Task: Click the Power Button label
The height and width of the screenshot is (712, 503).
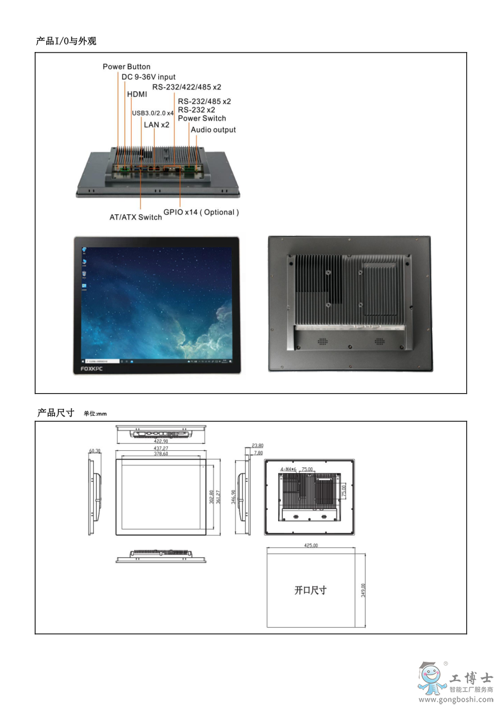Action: pos(127,67)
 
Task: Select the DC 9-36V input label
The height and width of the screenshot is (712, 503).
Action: pos(148,77)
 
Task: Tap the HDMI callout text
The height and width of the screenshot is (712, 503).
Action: pos(137,94)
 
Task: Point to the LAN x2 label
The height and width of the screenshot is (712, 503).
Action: pos(156,124)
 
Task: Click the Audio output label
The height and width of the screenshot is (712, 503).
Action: pos(213,130)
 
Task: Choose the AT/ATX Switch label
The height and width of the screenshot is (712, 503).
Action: pos(136,217)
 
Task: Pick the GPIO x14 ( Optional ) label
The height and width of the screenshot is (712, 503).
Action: pos(201,212)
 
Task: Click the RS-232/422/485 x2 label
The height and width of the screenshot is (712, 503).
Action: pos(186,87)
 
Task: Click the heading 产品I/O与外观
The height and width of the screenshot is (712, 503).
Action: pos(66,41)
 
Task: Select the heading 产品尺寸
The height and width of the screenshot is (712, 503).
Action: pos(56,413)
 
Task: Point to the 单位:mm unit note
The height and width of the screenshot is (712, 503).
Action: pos(95,414)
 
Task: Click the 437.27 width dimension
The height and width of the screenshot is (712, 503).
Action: pos(161,448)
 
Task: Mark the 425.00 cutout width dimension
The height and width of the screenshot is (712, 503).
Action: pos(310,545)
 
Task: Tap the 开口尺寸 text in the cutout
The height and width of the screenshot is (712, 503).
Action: pos(310,590)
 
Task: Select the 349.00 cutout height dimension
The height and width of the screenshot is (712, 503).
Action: pos(363,590)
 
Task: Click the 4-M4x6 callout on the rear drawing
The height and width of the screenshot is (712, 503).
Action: pos(288,469)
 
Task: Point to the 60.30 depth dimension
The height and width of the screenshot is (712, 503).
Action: pos(95,451)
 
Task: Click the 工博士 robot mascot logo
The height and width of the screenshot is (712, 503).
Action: pos(430,679)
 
